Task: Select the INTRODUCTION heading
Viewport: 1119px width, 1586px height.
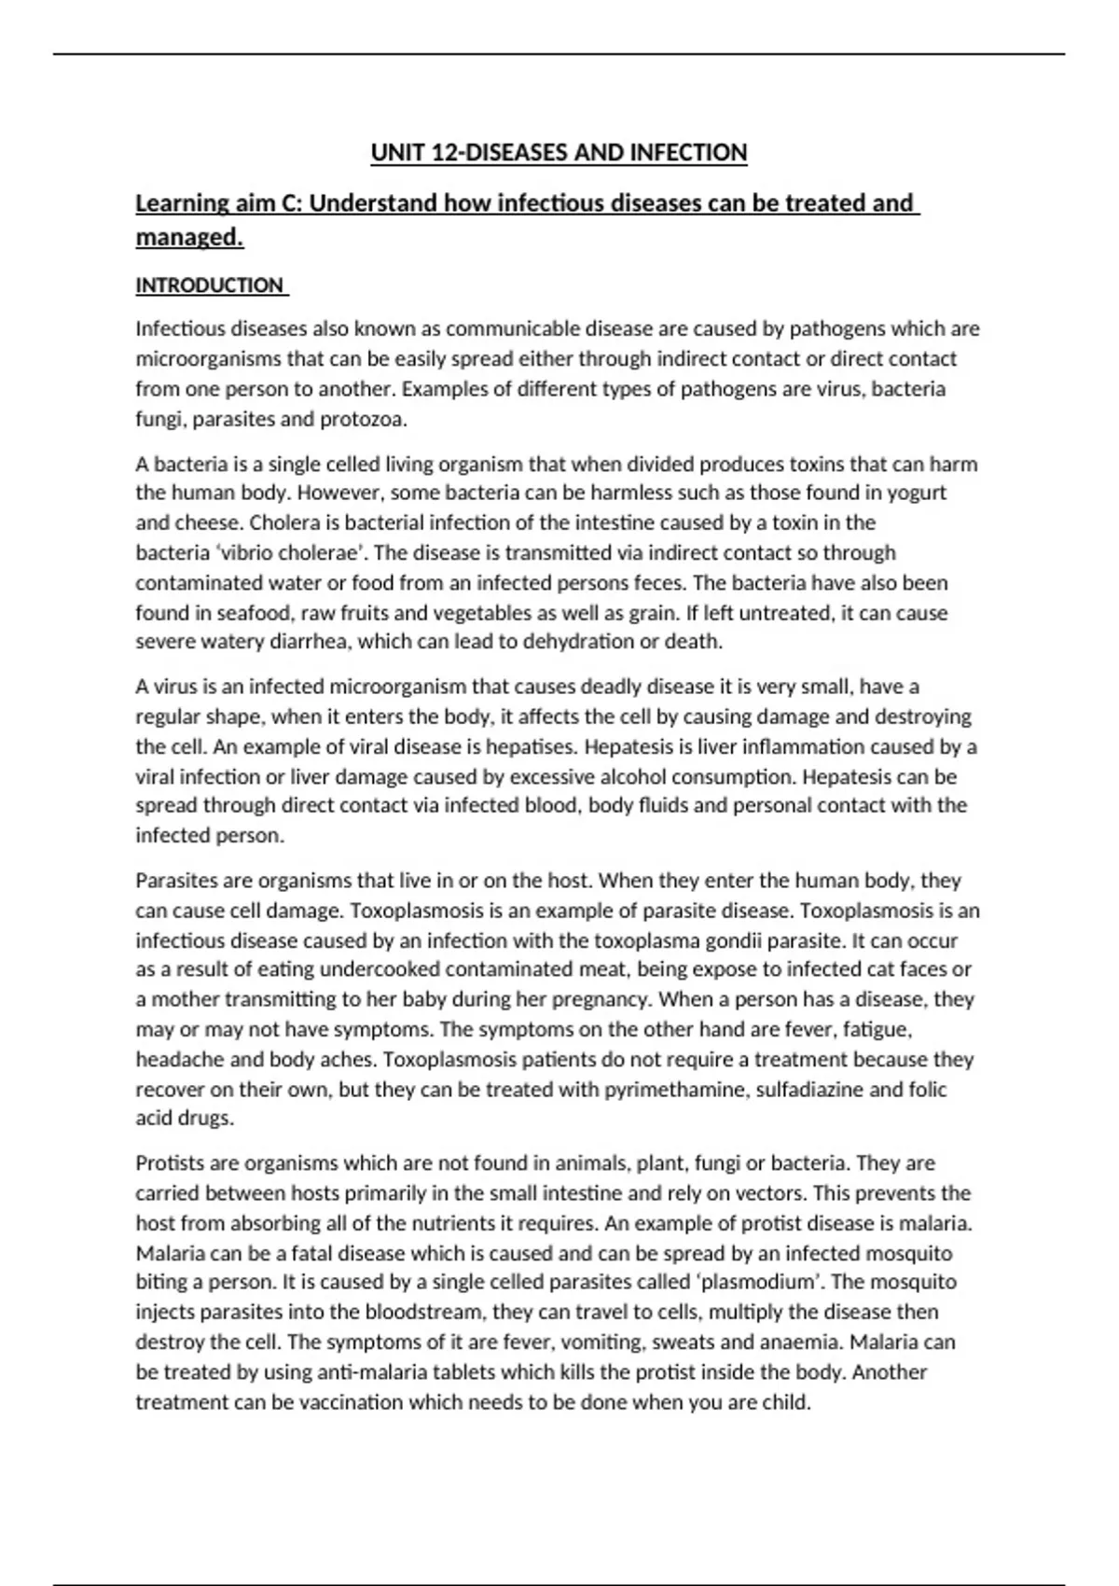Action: tap(210, 285)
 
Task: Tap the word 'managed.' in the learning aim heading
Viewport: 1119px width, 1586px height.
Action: tap(189, 238)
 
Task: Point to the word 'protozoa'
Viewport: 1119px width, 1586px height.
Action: tap(363, 419)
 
